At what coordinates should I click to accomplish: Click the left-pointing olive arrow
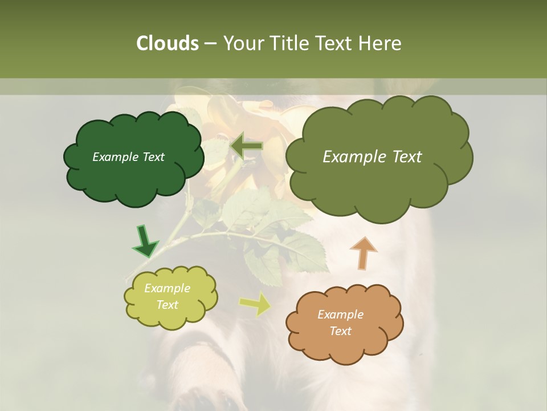(246, 145)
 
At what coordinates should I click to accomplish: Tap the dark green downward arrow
(145, 242)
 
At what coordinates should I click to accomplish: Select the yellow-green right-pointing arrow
(255, 304)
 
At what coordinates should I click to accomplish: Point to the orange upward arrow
(362, 252)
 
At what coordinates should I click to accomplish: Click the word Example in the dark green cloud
(114, 157)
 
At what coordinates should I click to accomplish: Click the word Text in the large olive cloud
(402, 157)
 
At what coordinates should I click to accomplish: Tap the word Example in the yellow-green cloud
(168, 288)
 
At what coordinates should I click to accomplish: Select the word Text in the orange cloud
(341, 331)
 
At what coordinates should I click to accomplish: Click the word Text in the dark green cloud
(152, 157)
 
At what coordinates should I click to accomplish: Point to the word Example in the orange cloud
(341, 315)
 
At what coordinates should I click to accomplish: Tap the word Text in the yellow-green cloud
(168, 305)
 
